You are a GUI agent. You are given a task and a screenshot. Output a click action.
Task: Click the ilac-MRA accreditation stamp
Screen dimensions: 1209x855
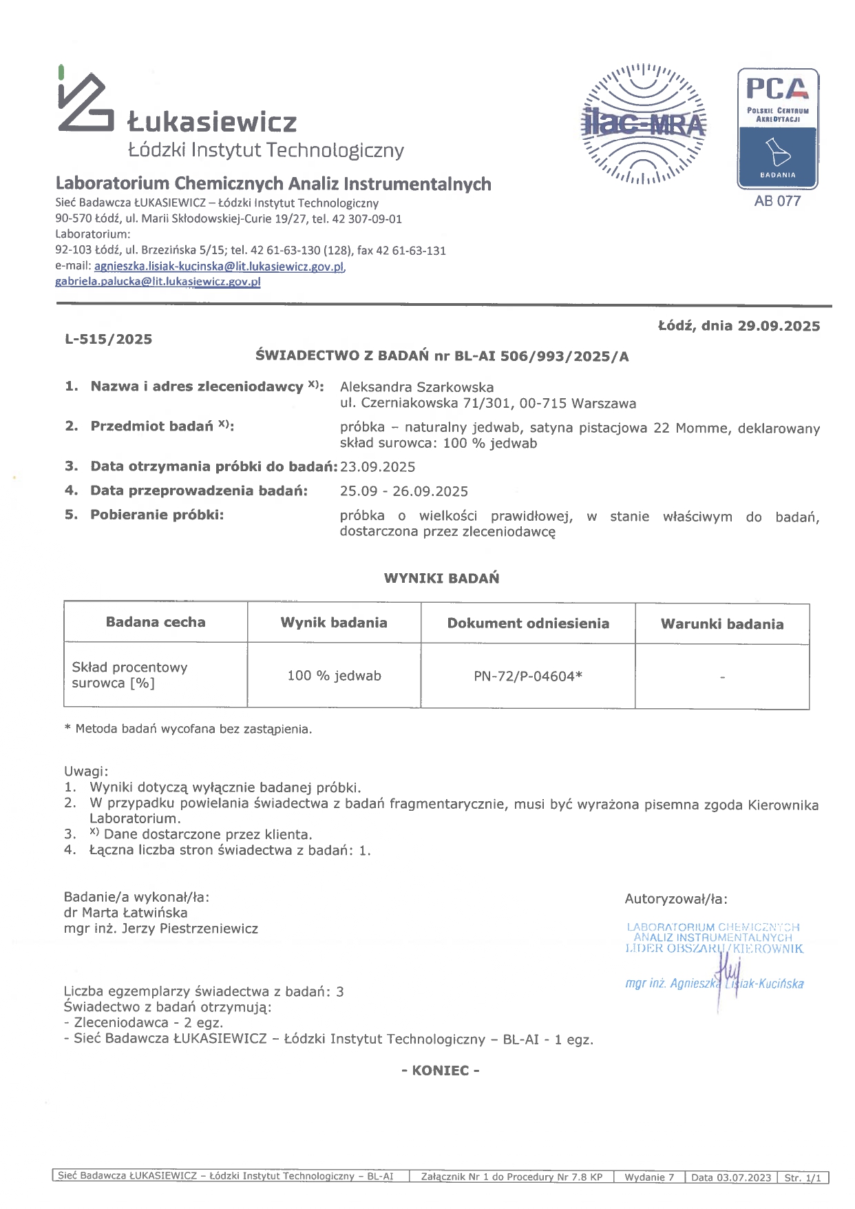pos(643,124)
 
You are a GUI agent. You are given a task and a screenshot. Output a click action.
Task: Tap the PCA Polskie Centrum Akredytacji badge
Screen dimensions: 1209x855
pos(778,129)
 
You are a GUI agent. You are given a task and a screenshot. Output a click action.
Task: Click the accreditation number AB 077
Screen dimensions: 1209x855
pos(777,201)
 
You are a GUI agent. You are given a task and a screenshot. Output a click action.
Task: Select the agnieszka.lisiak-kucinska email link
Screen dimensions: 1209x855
pos(219,266)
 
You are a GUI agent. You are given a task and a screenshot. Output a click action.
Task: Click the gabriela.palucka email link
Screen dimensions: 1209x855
pos(158,281)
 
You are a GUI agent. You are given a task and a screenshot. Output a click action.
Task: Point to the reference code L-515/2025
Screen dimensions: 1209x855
pos(109,339)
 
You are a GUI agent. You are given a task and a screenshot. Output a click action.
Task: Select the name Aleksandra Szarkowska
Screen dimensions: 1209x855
pos(416,387)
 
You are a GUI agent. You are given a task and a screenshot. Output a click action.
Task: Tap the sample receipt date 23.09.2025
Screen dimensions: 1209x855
pos(378,467)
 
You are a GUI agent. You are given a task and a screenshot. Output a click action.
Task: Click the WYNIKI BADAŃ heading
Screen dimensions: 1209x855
pos(441,578)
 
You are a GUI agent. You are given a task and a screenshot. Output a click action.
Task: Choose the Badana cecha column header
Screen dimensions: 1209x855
pos(156,622)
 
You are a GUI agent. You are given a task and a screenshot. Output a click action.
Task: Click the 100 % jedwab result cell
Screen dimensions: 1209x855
pos(334,676)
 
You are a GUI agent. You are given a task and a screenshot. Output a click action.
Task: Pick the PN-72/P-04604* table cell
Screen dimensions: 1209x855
pos(528,676)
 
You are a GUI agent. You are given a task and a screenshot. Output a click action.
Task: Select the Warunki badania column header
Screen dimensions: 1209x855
pos(722,624)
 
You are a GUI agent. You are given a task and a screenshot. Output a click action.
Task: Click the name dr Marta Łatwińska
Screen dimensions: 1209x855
pos(125,913)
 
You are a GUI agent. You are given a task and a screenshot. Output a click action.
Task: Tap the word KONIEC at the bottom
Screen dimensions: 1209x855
pos(441,1071)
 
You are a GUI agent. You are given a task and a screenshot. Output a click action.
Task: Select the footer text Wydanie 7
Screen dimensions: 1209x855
pos(649,1177)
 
